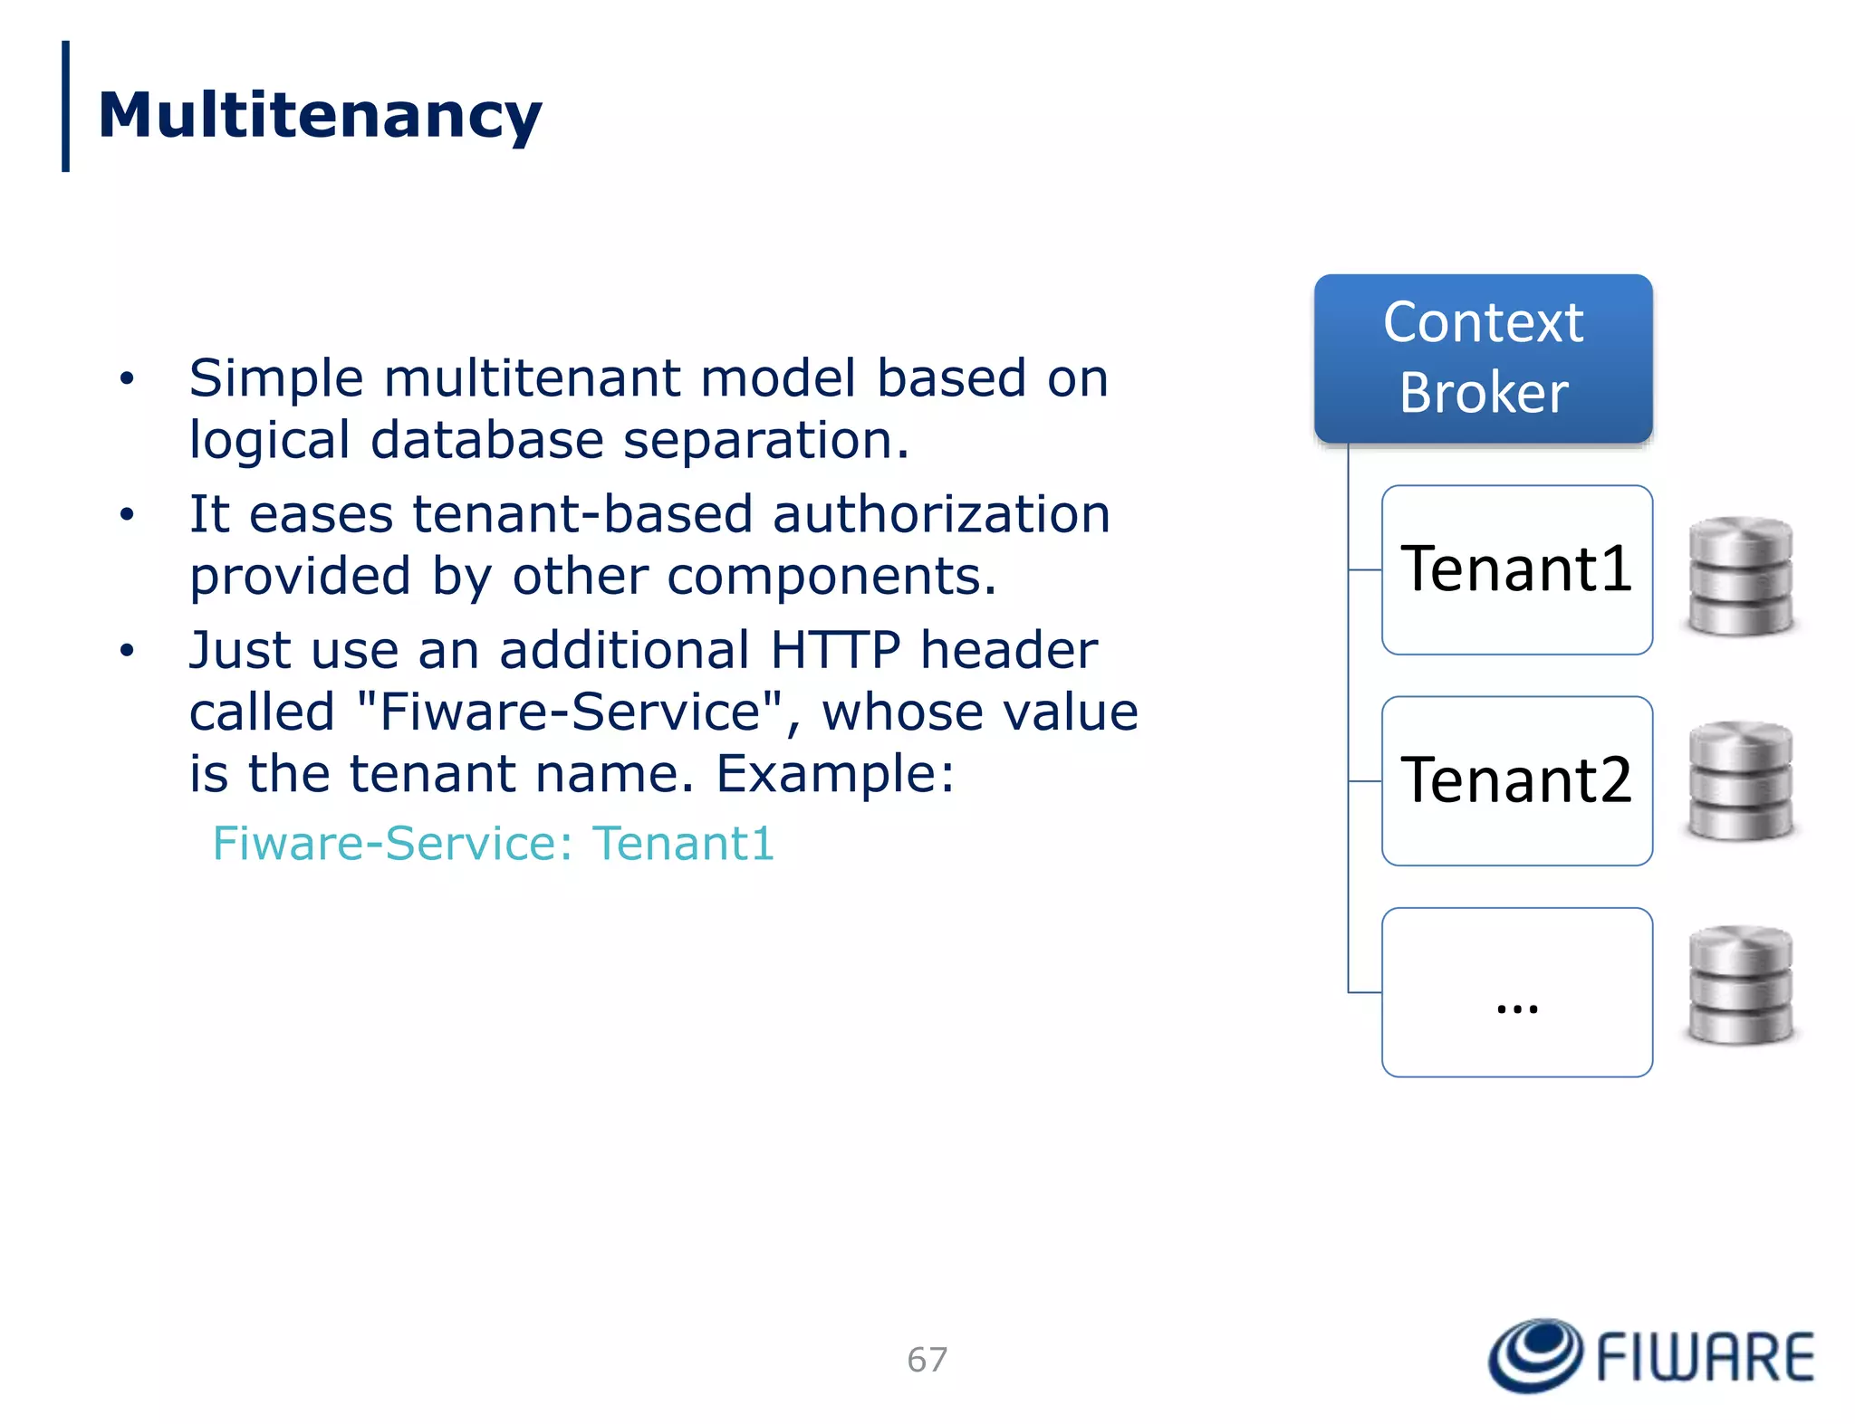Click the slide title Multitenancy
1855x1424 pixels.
point(320,116)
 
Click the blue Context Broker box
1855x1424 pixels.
point(1483,358)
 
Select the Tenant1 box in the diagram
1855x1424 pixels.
point(1516,569)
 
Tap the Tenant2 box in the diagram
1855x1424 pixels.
point(1516,780)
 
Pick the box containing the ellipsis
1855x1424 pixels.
point(1516,992)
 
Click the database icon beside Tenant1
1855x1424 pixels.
point(1740,576)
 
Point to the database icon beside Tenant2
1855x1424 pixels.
point(1740,780)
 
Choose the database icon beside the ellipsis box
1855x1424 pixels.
point(1740,985)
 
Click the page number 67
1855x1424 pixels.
point(927,1359)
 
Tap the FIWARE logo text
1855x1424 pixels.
point(1705,1357)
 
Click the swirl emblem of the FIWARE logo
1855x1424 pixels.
point(1535,1355)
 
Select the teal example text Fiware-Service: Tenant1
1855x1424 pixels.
point(494,844)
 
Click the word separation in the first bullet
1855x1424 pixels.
point(765,440)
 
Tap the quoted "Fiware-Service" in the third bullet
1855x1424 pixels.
point(571,712)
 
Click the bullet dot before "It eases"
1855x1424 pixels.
point(127,515)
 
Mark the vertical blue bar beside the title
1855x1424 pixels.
point(65,106)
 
